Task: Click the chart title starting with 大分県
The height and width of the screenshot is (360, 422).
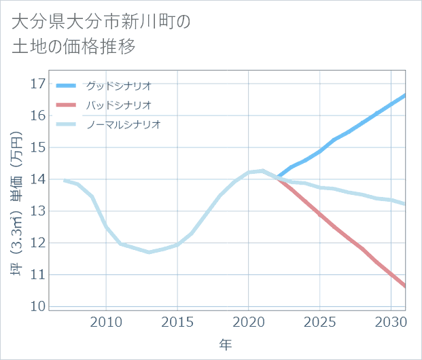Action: pos(102,34)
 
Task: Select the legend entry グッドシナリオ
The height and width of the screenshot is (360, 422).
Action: pos(118,86)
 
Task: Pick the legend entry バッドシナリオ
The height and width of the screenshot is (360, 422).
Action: pos(118,105)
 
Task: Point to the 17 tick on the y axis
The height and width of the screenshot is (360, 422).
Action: pos(38,84)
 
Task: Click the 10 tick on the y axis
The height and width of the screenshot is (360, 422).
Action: pos(38,306)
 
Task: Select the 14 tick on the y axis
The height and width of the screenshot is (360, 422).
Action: pos(38,179)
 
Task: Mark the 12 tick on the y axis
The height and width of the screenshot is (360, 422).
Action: pos(38,243)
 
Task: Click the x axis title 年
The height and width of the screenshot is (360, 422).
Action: pos(226,345)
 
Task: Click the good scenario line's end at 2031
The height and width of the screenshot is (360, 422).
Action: pos(405,95)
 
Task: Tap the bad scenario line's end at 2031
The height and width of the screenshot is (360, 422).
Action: pos(405,286)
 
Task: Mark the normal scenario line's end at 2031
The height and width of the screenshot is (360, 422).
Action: pos(405,204)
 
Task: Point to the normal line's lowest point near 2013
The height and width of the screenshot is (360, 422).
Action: pos(149,252)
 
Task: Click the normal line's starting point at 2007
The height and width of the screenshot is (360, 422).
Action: pos(64,180)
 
